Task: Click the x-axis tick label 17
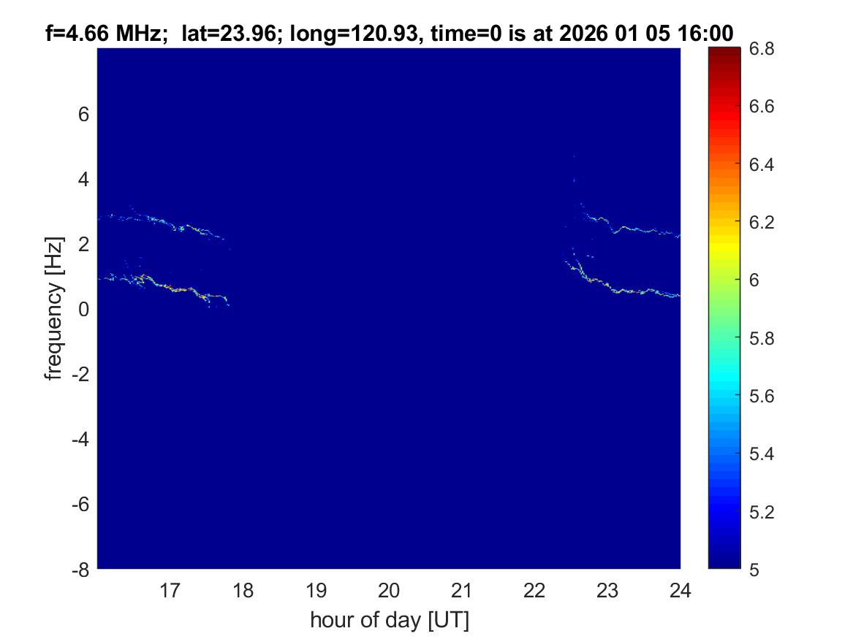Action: [x=170, y=589]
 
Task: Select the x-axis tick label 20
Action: [x=389, y=589]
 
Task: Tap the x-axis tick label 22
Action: [x=535, y=589]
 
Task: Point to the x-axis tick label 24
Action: [x=680, y=589]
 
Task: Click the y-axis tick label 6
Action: [x=83, y=114]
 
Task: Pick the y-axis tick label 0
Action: [x=83, y=309]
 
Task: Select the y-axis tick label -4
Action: [x=80, y=439]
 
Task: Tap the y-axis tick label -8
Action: [x=80, y=570]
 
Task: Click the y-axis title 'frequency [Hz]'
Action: [x=53, y=309]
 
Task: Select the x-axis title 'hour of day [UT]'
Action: [x=389, y=620]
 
